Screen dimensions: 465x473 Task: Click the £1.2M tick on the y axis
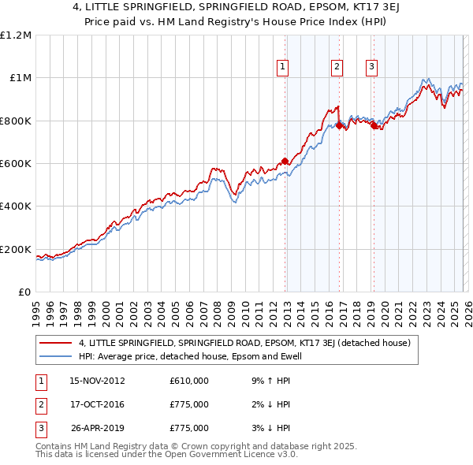(17, 35)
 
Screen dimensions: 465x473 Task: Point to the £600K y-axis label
(17, 164)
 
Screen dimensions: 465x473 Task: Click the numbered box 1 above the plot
(283, 68)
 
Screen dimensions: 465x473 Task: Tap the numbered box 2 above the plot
(337, 68)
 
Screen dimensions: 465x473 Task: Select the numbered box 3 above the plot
(371, 68)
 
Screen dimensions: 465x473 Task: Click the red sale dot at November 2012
(285, 162)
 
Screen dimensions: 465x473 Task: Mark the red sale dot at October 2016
(339, 125)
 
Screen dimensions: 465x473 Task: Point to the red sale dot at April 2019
(374, 126)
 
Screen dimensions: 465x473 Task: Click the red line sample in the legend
(56, 343)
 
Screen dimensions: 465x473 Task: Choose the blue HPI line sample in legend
(56, 355)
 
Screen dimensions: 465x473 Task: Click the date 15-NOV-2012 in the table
(98, 381)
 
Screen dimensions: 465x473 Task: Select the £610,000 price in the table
(189, 381)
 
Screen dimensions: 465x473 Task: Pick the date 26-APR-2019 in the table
(98, 428)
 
